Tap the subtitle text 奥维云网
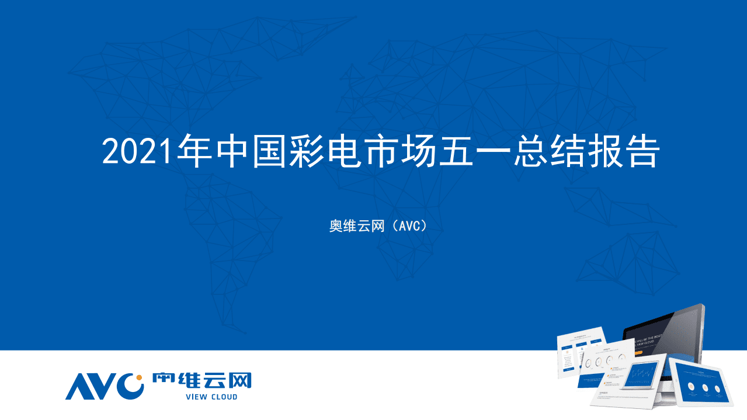tap(356, 225)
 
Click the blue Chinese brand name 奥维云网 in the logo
tap(201, 380)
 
